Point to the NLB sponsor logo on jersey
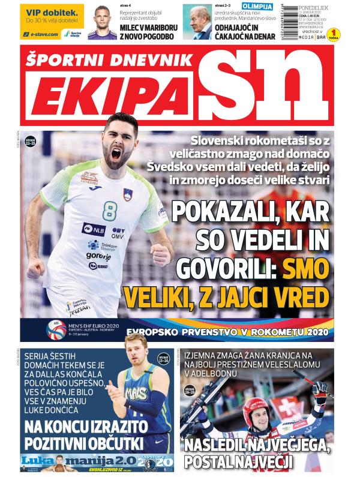(x=94, y=228)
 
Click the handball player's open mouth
(x=116, y=154)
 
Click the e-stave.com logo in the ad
(x=41, y=34)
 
